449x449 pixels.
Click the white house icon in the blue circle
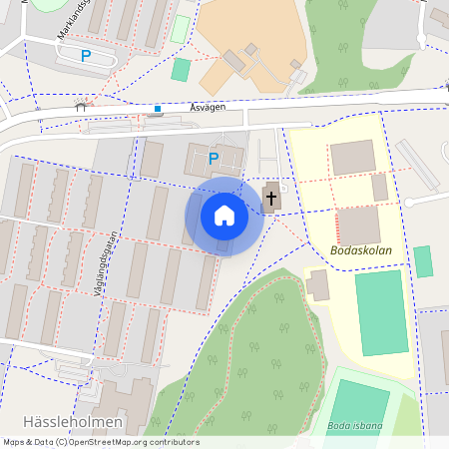click(224, 216)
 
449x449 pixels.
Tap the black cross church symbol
click(271, 198)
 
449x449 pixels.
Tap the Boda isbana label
click(354, 426)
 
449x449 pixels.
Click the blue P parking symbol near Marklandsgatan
click(86, 56)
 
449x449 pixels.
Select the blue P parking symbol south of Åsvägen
click(213, 158)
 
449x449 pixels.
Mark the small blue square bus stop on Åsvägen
click(157, 108)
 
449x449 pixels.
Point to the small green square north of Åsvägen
click(181, 69)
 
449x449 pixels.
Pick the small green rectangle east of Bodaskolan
click(423, 261)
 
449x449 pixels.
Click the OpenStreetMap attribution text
click(100, 442)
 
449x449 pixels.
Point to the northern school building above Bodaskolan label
click(353, 158)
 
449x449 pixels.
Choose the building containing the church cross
click(271, 198)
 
